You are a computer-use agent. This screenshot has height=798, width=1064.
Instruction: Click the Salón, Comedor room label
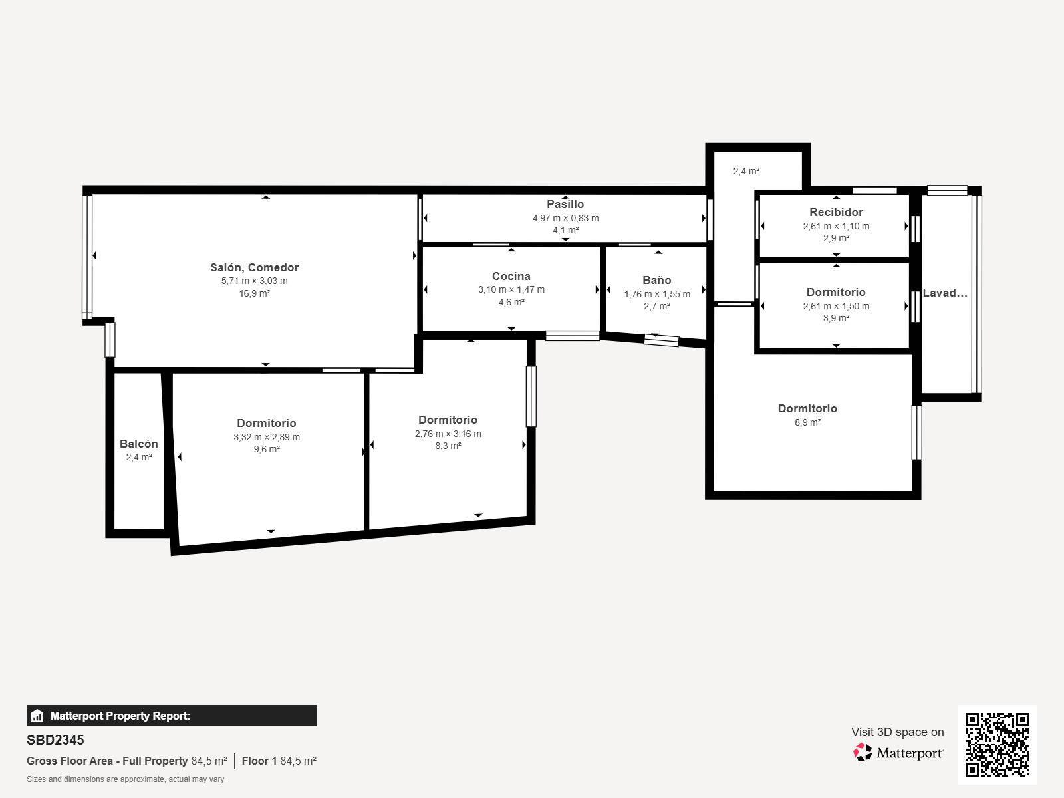point(255,267)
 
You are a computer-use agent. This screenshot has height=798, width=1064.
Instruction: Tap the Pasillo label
point(565,204)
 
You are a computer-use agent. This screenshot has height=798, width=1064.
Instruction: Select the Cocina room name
point(511,276)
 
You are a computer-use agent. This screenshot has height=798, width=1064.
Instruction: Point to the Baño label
point(657,280)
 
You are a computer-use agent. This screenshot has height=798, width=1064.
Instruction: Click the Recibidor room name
point(836,212)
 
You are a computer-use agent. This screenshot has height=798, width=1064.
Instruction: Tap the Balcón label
point(138,444)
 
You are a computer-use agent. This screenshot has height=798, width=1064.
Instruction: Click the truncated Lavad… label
point(945,293)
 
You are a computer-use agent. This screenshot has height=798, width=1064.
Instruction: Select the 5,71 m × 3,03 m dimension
point(255,281)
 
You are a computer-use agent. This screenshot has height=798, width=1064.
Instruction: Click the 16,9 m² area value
point(255,294)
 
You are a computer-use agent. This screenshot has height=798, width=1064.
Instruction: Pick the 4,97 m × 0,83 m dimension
point(566,218)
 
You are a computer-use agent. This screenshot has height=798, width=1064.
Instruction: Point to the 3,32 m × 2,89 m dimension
point(267,437)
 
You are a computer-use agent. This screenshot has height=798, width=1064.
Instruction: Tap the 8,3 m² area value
point(448,446)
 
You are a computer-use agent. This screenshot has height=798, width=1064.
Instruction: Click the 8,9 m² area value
point(807,422)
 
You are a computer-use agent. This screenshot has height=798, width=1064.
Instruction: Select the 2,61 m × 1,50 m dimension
point(836,306)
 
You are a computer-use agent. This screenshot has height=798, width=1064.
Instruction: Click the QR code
point(997,745)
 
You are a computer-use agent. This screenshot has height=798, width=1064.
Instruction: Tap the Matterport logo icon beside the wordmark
point(863,753)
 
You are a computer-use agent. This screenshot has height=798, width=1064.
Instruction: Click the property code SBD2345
point(55,740)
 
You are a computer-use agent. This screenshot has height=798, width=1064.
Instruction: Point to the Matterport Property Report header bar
point(172,716)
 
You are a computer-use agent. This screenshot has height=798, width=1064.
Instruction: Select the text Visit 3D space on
point(898,732)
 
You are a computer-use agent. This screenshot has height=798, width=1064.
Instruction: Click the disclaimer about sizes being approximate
point(126,779)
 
